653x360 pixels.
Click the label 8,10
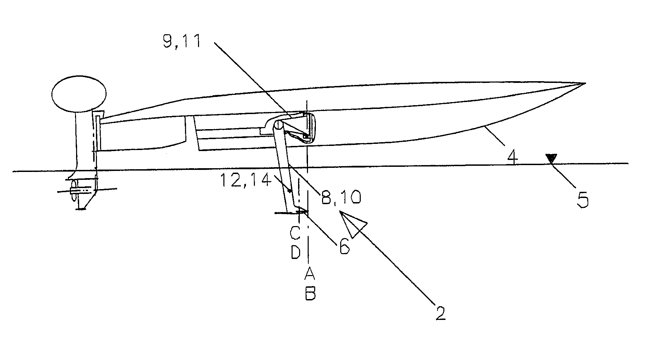(340, 198)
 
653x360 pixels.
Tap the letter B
(310, 294)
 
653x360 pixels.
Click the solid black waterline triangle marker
(551, 159)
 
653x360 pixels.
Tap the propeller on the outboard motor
(74, 190)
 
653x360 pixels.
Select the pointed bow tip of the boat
(584, 83)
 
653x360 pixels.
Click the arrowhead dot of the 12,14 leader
(290, 191)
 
